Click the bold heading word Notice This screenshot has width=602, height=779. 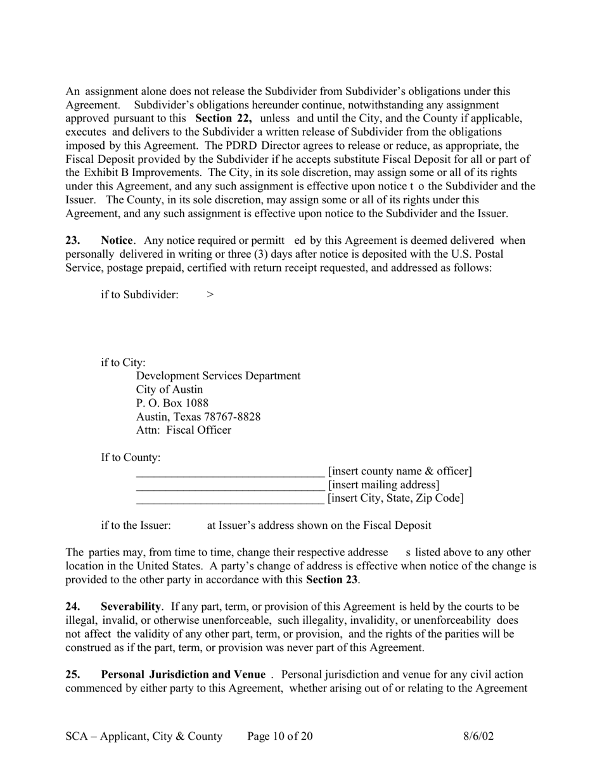(117, 241)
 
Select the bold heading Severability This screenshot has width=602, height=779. (131, 607)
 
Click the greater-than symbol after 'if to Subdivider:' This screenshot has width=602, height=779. (210, 294)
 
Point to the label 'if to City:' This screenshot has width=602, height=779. (124, 363)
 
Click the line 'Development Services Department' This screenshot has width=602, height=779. (218, 376)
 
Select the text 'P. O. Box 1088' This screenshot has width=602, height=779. (172, 403)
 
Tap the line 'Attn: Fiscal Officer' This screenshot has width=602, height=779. (184, 431)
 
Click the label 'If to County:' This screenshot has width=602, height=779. (131, 457)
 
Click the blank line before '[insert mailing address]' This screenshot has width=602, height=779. (230, 486)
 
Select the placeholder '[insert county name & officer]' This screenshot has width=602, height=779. (400, 471)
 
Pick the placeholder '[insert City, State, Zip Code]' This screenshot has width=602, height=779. (395, 498)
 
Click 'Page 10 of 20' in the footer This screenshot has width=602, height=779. (280, 736)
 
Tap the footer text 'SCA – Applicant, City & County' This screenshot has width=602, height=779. (144, 736)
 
